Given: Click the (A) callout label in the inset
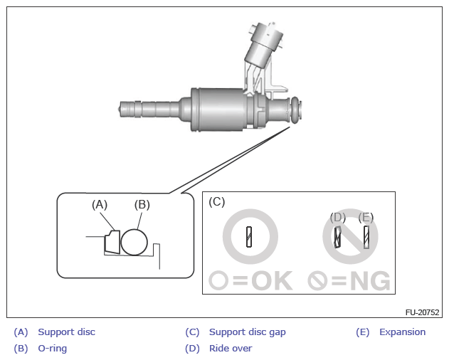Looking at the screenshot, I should click(x=99, y=205).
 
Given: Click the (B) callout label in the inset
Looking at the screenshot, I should click(x=142, y=205).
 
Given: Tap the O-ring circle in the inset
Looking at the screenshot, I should click(x=134, y=242).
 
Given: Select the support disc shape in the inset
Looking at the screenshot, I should click(x=112, y=242).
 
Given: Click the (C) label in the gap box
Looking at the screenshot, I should click(x=216, y=201).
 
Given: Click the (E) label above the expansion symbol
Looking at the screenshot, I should click(x=366, y=218).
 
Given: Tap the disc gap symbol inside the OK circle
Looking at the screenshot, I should click(x=250, y=236).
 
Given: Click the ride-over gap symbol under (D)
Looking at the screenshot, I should click(x=339, y=236).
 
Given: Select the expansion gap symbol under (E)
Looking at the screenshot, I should click(x=366, y=236).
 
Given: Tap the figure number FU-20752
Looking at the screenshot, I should click(x=423, y=312).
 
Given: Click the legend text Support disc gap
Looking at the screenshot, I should click(x=247, y=332).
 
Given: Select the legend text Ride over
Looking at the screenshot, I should click(x=231, y=349).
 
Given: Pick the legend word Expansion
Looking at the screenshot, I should click(x=402, y=332).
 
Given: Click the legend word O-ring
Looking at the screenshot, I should click(x=52, y=349).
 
